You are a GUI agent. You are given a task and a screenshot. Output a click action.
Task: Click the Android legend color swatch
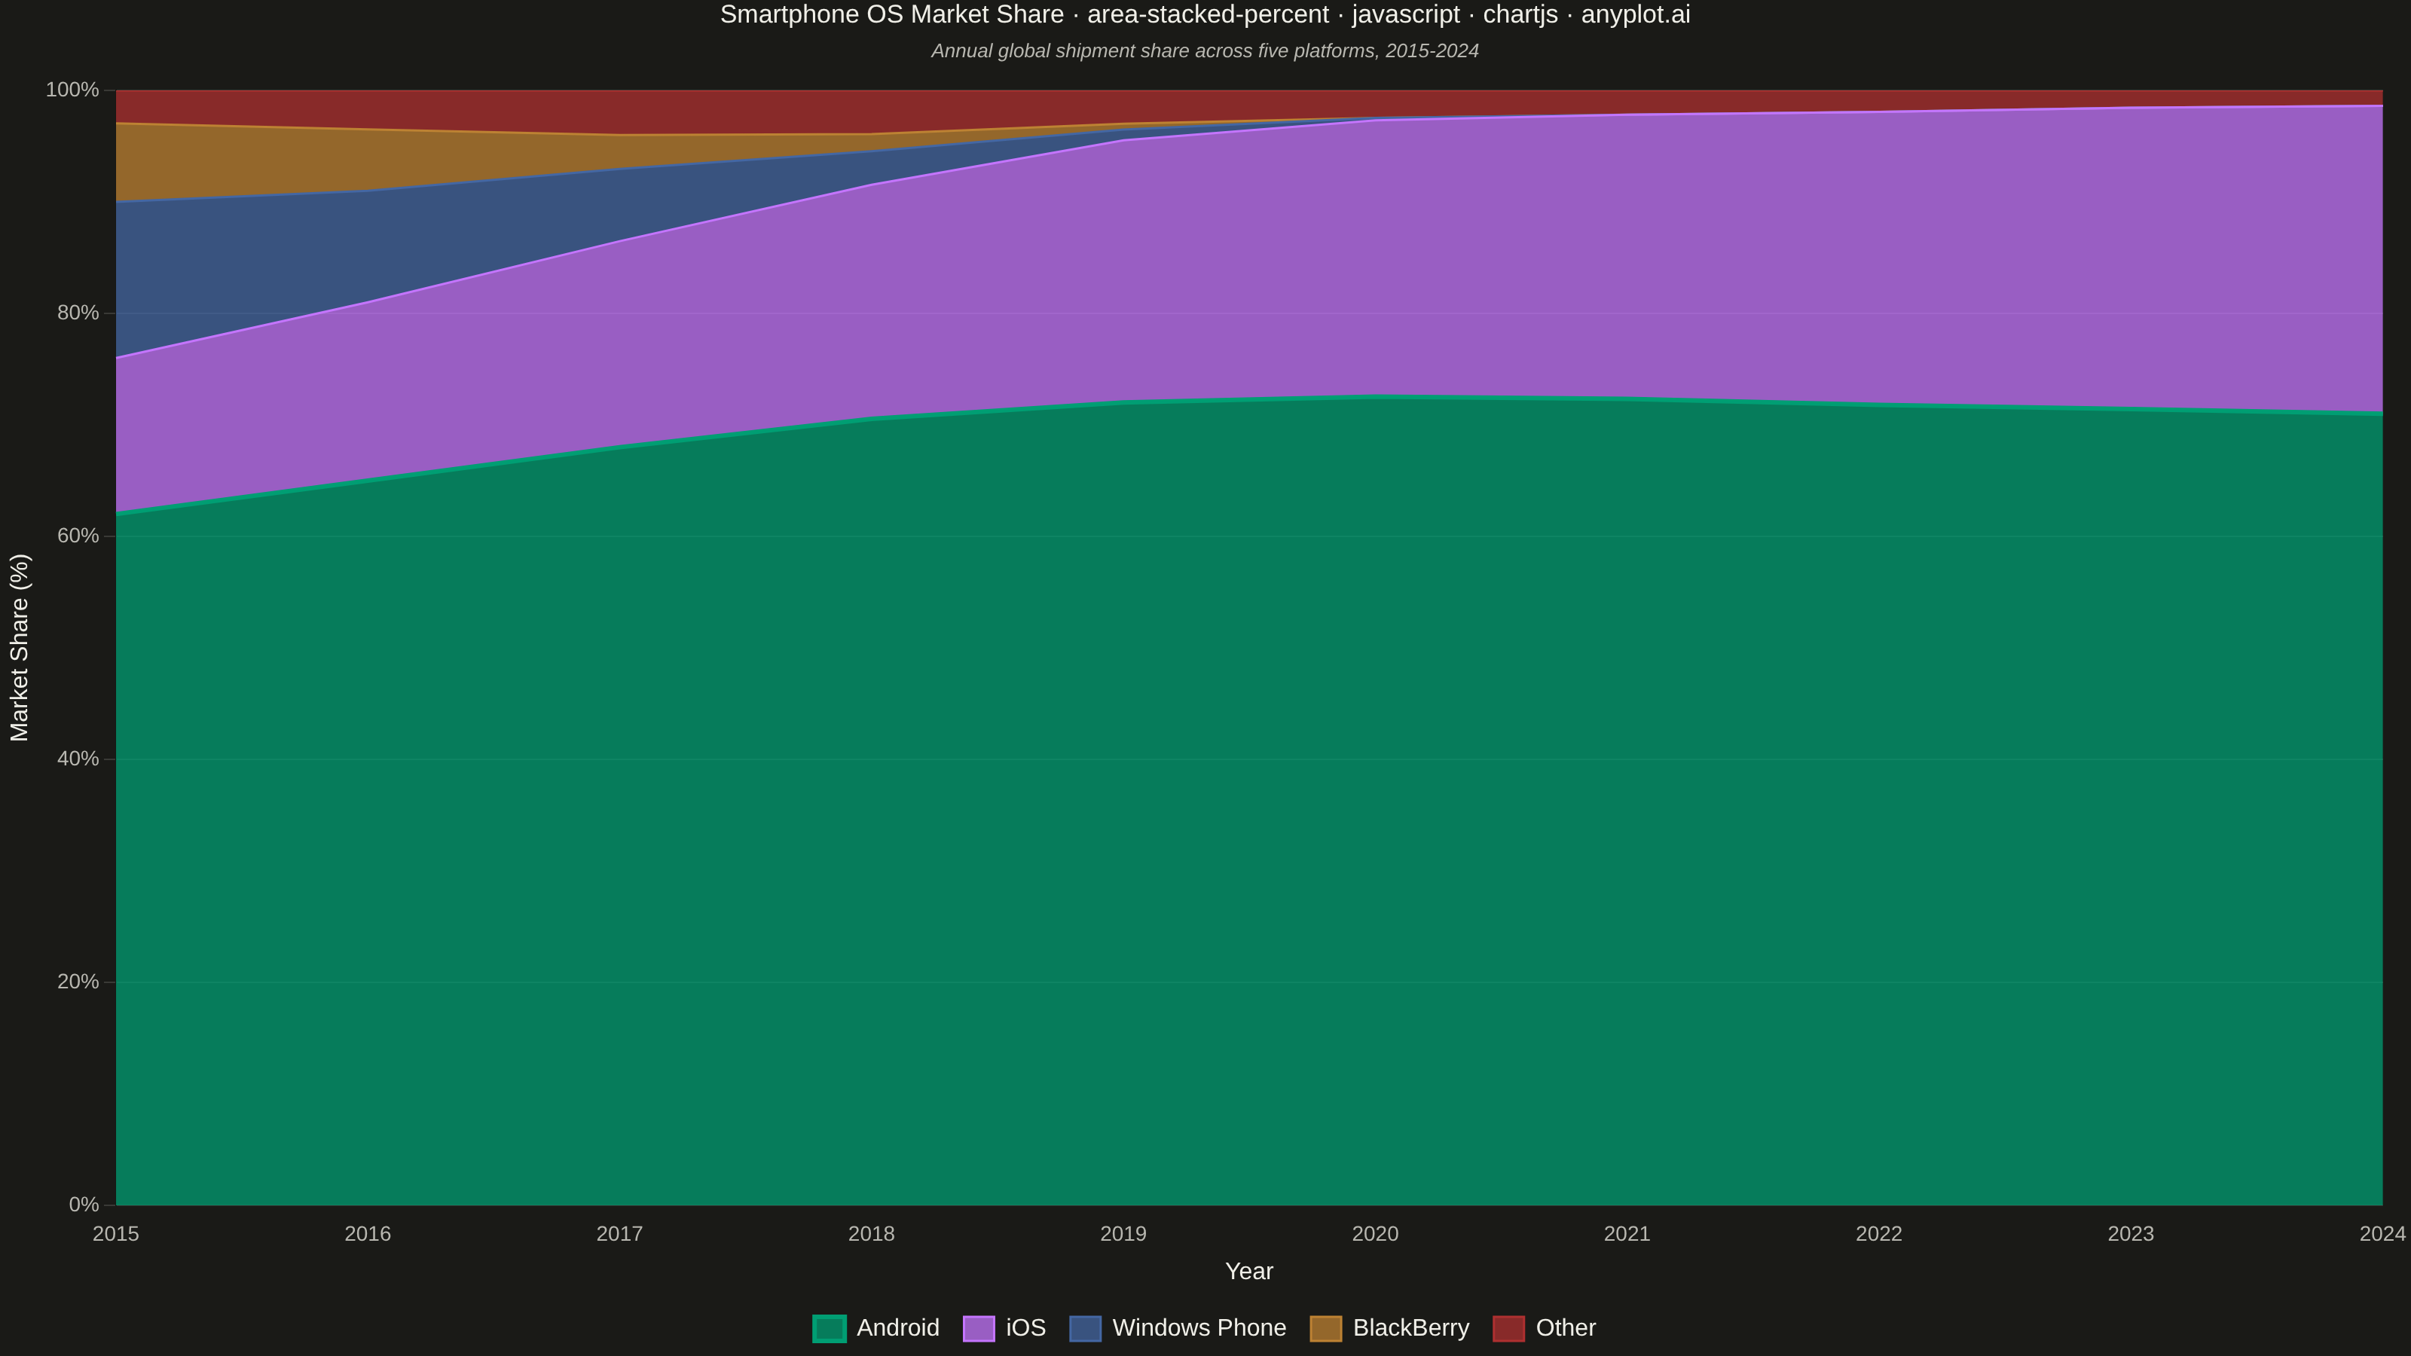(x=830, y=1328)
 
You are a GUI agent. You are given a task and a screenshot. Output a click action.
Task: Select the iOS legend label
(x=1025, y=1328)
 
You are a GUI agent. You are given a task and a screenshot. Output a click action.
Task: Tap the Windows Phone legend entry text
(x=1199, y=1328)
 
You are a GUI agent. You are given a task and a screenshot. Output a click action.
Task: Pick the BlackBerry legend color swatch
(x=1325, y=1328)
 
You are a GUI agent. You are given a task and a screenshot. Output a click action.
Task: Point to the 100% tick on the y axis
(x=72, y=90)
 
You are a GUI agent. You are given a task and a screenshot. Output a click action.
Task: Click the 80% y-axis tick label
(x=78, y=313)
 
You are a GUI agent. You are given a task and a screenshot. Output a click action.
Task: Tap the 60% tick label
(x=78, y=536)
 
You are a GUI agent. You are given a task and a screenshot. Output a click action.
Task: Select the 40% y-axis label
(x=78, y=759)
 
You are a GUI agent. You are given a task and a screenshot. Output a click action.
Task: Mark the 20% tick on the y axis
(x=78, y=982)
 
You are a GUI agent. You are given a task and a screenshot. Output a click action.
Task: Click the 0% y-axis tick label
(x=84, y=1205)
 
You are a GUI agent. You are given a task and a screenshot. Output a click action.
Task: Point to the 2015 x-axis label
(x=116, y=1233)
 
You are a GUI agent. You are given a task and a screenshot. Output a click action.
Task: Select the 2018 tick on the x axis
(x=872, y=1233)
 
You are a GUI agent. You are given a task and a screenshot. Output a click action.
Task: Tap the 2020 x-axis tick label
(x=1375, y=1233)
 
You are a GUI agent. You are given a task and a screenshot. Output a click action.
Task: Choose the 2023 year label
(x=2131, y=1233)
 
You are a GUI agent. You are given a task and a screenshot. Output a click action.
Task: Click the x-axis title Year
(x=1248, y=1271)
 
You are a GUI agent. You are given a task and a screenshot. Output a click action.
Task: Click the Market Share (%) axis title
(x=20, y=648)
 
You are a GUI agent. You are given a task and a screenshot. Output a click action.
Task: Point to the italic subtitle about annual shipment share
(x=1205, y=51)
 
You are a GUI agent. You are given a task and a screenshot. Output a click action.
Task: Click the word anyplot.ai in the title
(x=1635, y=15)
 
